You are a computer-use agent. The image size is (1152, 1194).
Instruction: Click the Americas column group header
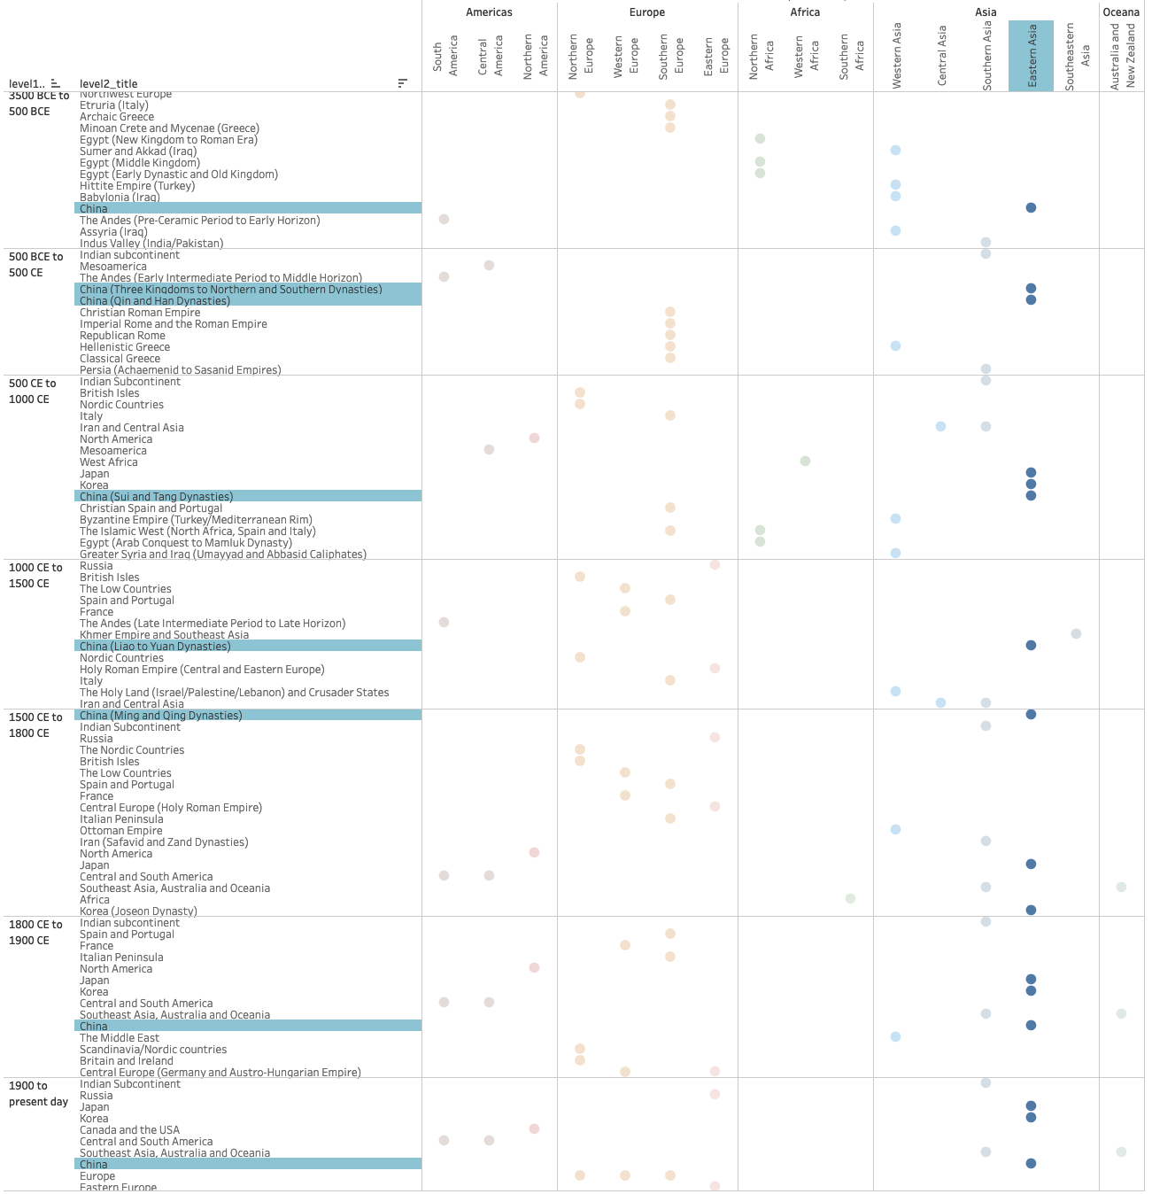click(489, 12)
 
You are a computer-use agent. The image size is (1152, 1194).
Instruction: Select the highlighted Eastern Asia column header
click(1032, 56)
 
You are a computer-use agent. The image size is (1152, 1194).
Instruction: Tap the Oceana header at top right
click(1121, 12)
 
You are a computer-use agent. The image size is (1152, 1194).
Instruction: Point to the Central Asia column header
click(941, 56)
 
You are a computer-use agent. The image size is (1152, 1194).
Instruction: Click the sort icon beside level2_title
click(403, 83)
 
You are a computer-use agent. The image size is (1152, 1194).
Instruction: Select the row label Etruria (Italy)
click(114, 105)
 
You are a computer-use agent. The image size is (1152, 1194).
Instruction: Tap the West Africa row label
click(109, 462)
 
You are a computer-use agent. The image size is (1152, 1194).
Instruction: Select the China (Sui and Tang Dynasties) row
click(157, 497)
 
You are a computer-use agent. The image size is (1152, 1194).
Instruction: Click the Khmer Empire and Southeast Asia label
click(164, 635)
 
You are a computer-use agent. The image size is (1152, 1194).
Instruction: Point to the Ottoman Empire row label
click(121, 831)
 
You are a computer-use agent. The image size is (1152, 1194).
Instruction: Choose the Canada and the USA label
click(129, 1130)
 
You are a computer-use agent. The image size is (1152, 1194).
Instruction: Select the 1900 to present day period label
click(38, 1094)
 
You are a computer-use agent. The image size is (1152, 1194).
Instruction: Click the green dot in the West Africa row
click(805, 461)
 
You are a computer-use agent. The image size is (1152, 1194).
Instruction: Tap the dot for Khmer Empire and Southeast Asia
click(1076, 634)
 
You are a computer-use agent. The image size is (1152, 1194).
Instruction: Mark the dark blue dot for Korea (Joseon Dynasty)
click(1031, 911)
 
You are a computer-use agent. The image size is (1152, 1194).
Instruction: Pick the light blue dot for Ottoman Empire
click(896, 830)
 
